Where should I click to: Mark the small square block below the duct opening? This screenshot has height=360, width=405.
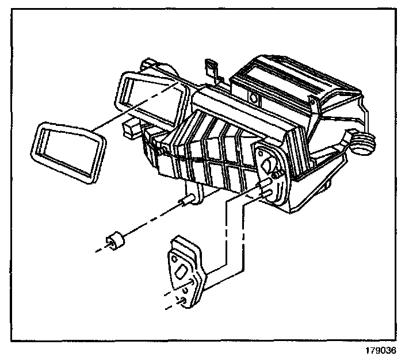[x=130, y=128]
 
